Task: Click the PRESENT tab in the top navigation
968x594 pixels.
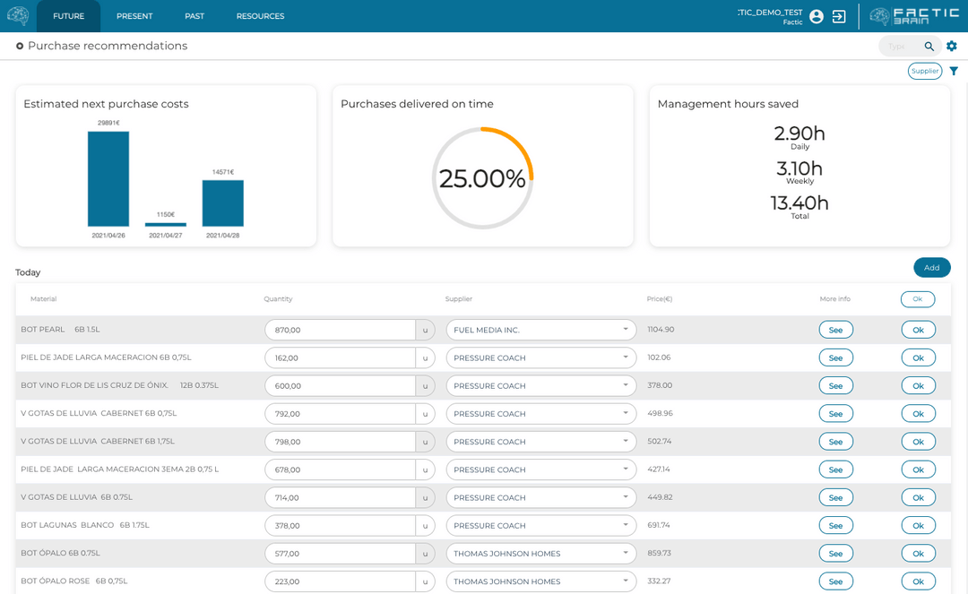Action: point(134,16)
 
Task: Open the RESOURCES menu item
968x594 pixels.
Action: point(260,16)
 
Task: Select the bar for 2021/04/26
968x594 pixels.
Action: point(108,179)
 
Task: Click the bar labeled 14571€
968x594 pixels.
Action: point(222,203)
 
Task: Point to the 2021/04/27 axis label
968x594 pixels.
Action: point(166,236)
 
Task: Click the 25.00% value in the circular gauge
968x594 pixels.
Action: point(482,178)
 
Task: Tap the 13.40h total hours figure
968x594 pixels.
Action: point(799,203)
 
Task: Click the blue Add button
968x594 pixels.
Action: point(931,267)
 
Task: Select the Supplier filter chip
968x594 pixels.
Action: point(925,71)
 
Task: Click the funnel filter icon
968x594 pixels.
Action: point(954,71)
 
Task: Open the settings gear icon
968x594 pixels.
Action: point(952,46)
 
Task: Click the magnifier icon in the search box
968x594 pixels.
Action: point(929,47)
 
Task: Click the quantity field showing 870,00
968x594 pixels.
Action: point(339,330)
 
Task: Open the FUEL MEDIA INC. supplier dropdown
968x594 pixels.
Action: point(540,330)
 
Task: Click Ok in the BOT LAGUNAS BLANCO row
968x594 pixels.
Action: point(918,525)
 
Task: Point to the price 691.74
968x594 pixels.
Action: point(660,525)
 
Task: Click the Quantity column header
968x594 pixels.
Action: point(278,299)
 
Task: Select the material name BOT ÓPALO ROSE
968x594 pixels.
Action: point(56,581)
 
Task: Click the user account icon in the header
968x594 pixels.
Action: point(817,16)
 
